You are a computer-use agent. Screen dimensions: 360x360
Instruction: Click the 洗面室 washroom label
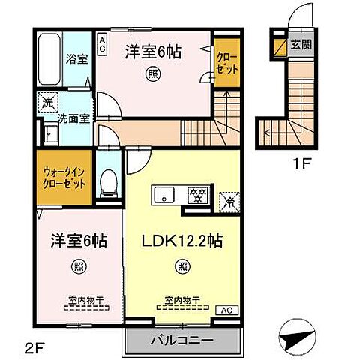tap(70, 119)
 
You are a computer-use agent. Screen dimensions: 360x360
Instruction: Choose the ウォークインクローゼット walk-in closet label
tap(63, 177)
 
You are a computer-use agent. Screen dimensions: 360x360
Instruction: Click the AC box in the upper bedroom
tap(102, 42)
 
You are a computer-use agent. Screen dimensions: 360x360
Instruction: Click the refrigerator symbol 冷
tap(226, 201)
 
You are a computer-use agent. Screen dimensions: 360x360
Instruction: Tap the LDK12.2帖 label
tap(183, 241)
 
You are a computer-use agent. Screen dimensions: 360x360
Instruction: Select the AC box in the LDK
tap(226, 308)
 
